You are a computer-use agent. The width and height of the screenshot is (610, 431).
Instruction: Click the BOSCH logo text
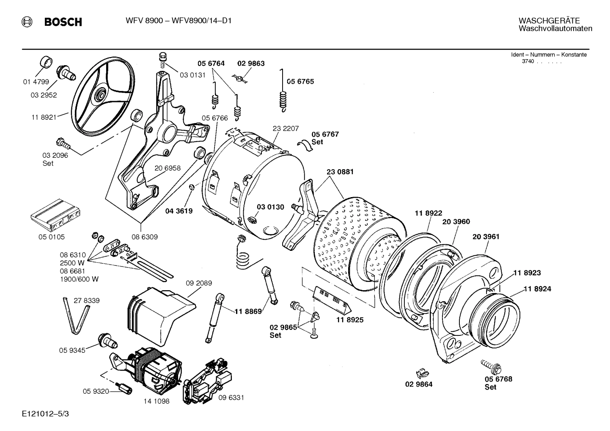[63, 22]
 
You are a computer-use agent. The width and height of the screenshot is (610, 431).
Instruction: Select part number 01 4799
[36, 82]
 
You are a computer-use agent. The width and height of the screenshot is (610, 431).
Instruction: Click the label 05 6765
[300, 82]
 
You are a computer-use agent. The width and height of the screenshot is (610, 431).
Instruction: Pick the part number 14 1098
[156, 401]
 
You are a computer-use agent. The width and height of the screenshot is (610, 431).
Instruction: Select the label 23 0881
[340, 172]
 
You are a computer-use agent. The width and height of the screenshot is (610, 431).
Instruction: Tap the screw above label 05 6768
[490, 364]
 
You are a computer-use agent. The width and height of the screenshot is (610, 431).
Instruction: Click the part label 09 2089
[199, 283]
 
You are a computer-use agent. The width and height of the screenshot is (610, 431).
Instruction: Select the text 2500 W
[73, 263]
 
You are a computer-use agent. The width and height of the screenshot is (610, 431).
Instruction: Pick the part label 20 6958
[167, 168]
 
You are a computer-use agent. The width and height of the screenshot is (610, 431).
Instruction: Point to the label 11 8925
[350, 320]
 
